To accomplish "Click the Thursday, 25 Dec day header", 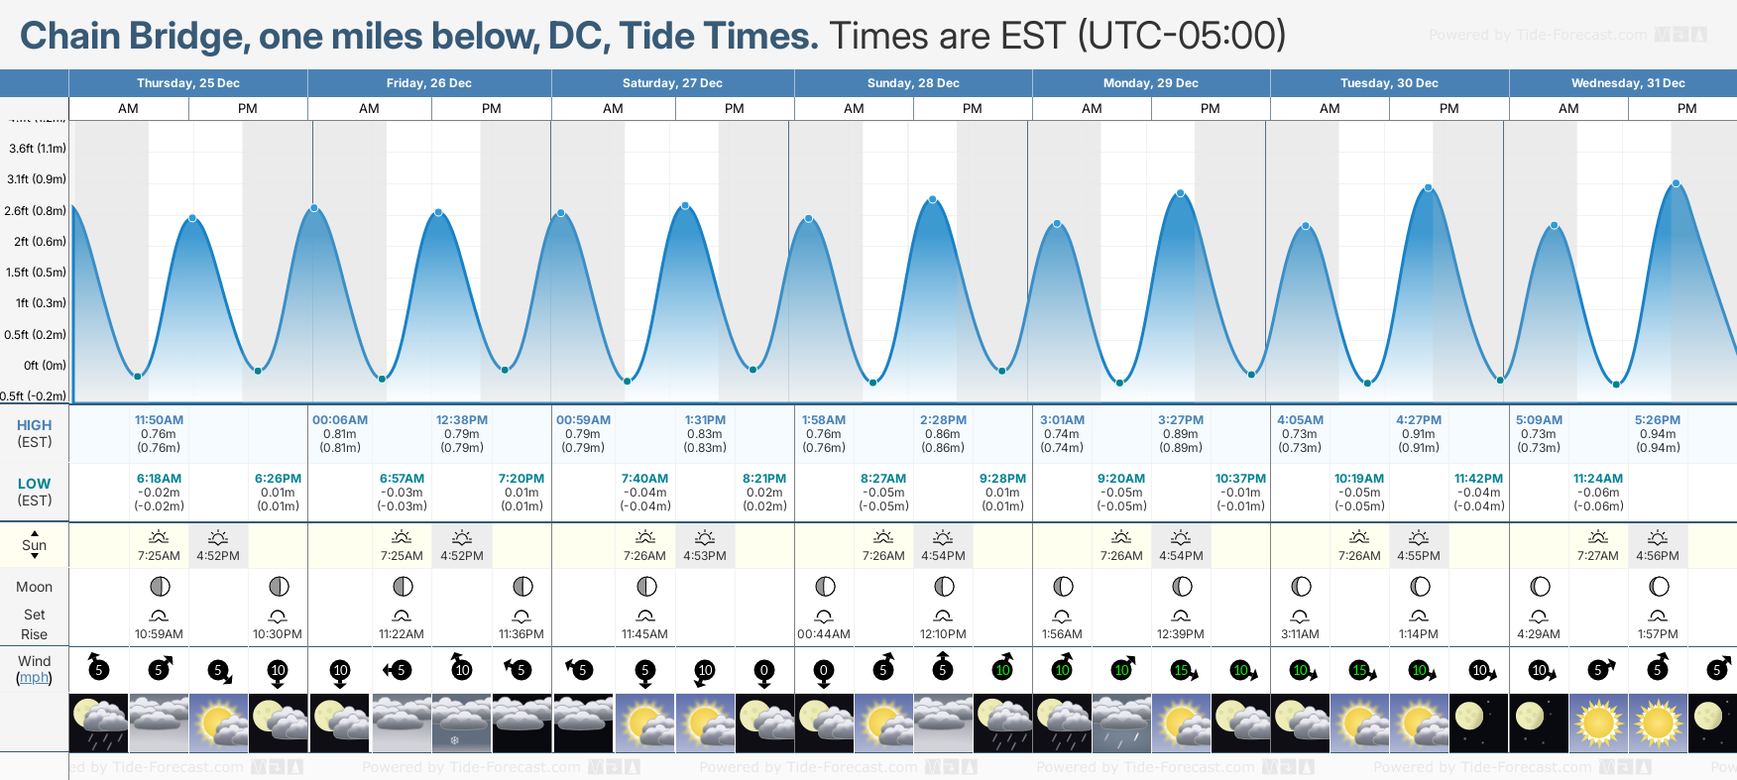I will (188, 83).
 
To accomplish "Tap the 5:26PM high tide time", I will (1658, 420).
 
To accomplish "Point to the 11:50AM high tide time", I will (159, 420).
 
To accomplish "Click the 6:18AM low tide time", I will (159, 479).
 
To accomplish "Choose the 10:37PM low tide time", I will (1240, 479).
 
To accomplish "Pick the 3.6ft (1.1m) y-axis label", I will (38, 149).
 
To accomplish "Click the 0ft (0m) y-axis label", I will (45, 366).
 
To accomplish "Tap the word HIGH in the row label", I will (34, 425).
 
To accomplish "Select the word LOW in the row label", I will (34, 484).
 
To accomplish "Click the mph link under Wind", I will (34, 678).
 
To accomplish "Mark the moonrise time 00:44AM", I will (824, 634).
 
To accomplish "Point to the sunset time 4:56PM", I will (1658, 556).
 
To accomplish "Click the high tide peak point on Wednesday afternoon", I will (1677, 183).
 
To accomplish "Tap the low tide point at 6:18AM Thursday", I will (138, 376).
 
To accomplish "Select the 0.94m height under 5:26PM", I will (1658, 434).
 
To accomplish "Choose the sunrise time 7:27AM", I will (1598, 556).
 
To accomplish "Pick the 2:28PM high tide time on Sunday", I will (943, 420).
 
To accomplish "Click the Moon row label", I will (34, 587).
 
